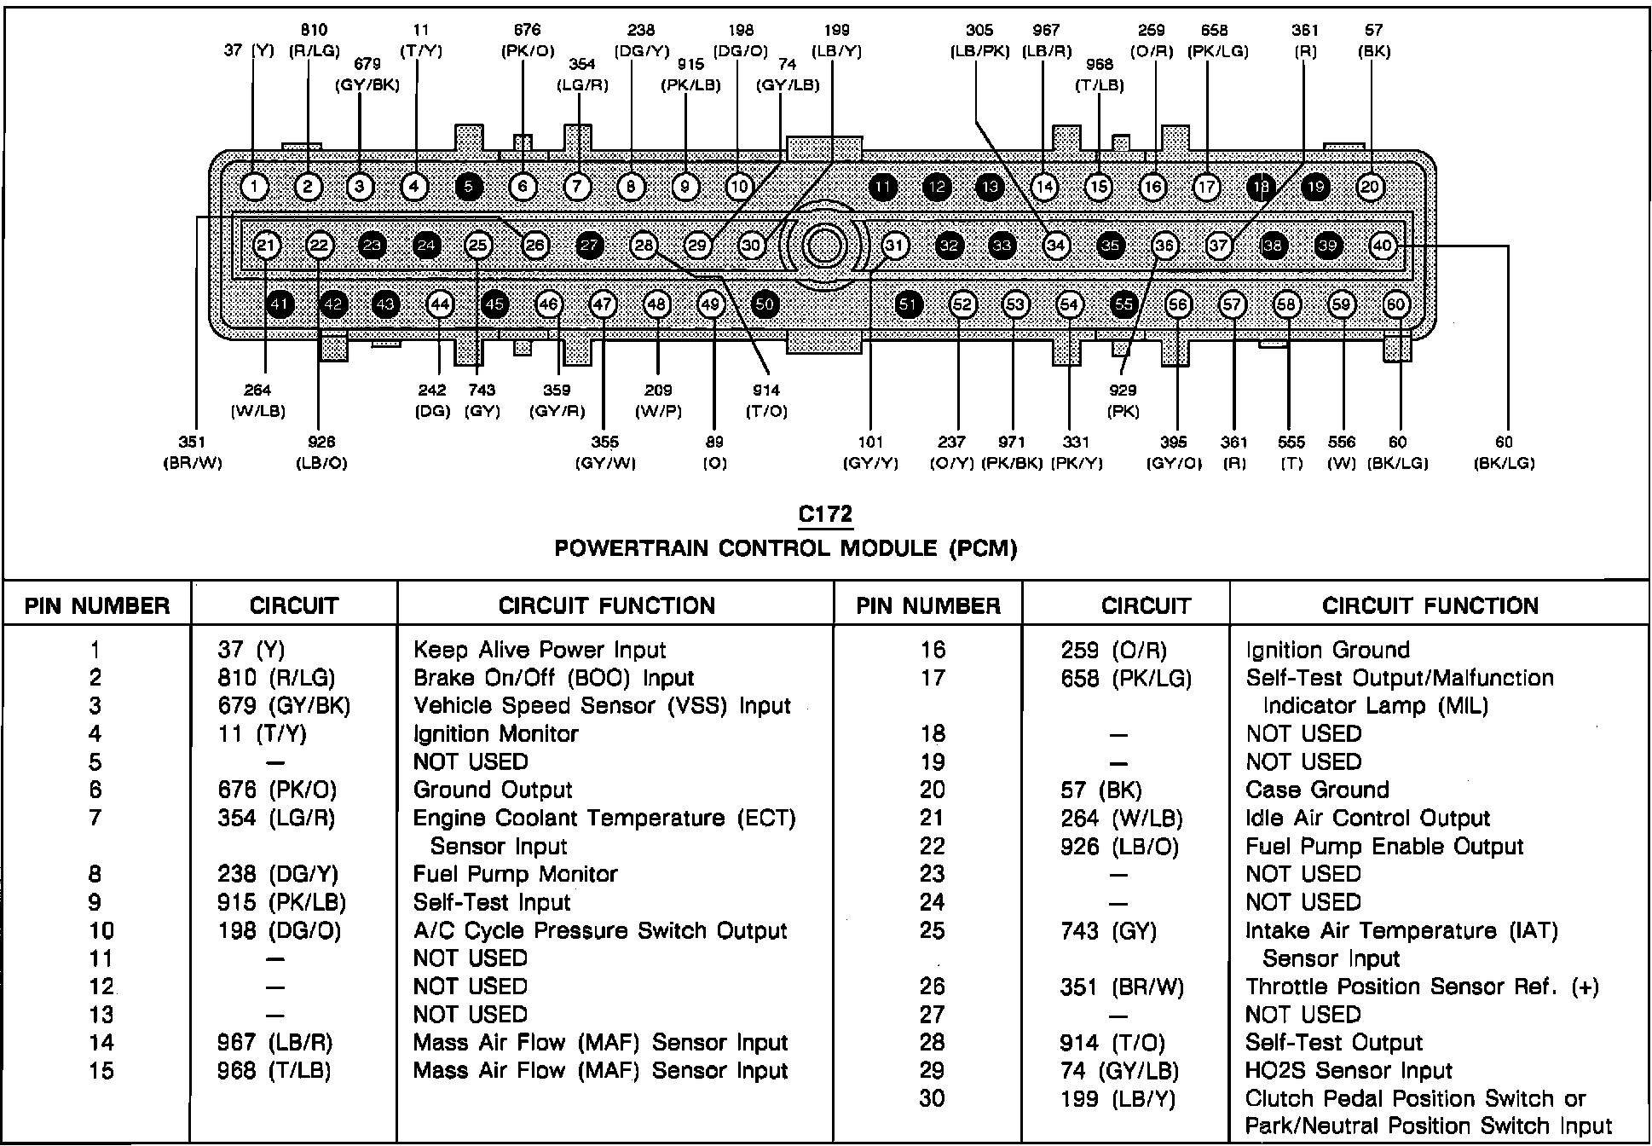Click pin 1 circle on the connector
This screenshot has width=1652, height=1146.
[x=254, y=187]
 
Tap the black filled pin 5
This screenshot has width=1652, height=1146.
[x=469, y=187]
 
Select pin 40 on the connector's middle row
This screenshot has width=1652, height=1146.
[x=1382, y=246]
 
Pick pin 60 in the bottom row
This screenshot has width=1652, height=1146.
[x=1395, y=305]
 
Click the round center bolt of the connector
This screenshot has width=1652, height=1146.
[x=824, y=246]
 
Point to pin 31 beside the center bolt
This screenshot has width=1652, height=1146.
[x=894, y=246]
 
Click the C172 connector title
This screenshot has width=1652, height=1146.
[x=825, y=515]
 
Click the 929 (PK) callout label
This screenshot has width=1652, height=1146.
[x=1123, y=401]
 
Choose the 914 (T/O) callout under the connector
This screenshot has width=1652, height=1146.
[x=766, y=401]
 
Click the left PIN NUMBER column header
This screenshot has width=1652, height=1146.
[x=97, y=606]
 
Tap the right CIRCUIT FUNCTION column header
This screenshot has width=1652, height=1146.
[x=1430, y=606]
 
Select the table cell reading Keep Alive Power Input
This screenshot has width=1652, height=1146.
[x=539, y=651]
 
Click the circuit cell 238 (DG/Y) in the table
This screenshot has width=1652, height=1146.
[x=278, y=875]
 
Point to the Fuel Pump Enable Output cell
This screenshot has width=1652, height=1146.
[x=1384, y=847]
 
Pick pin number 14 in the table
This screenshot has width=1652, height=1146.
[x=101, y=1043]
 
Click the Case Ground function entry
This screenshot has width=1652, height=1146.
[x=1317, y=790]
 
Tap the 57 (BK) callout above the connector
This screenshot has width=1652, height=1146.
[x=1373, y=41]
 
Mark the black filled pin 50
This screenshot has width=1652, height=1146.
[x=765, y=305]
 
